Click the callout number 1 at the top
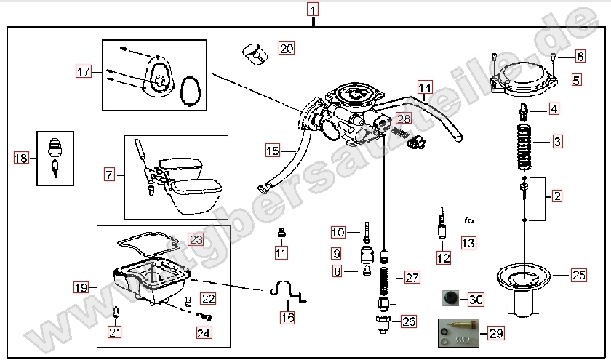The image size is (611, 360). [312, 10]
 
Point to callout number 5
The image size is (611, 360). [576, 80]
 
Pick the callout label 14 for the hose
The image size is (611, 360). [425, 88]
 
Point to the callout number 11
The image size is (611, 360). [281, 252]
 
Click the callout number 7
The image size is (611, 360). [109, 174]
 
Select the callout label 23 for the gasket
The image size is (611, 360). [196, 239]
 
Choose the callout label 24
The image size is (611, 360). [203, 333]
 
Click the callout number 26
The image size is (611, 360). [408, 320]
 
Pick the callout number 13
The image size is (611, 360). [468, 242]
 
